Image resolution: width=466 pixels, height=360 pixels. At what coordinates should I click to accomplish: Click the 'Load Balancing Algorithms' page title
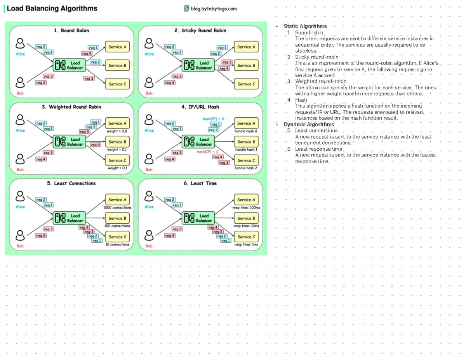click(52, 9)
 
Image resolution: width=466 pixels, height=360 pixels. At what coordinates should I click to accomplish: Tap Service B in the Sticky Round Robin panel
click(246, 65)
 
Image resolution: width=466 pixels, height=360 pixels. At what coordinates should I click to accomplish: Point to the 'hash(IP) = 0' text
click(213, 119)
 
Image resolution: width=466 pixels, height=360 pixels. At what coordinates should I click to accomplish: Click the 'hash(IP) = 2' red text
click(208, 151)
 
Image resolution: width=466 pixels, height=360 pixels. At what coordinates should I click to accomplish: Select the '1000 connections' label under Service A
click(117, 207)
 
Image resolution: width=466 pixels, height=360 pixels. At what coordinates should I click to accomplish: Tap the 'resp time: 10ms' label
click(246, 226)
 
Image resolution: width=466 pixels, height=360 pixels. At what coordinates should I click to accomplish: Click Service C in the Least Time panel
click(246, 237)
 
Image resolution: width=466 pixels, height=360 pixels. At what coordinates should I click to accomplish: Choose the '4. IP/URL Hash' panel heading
click(200, 107)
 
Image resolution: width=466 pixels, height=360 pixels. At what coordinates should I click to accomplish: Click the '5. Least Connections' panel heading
click(71, 183)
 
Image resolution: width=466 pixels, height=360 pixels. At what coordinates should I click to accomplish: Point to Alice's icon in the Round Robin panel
click(20, 43)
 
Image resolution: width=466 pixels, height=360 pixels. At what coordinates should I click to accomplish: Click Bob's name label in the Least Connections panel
click(20, 246)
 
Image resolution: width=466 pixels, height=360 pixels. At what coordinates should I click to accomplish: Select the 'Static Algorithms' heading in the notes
click(305, 26)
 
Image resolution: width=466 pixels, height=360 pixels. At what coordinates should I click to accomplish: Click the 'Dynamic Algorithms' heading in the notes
click(309, 124)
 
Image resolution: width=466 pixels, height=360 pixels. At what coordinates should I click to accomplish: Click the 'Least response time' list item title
click(318, 149)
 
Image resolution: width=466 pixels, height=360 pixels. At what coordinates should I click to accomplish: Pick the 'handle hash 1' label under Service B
click(246, 150)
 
